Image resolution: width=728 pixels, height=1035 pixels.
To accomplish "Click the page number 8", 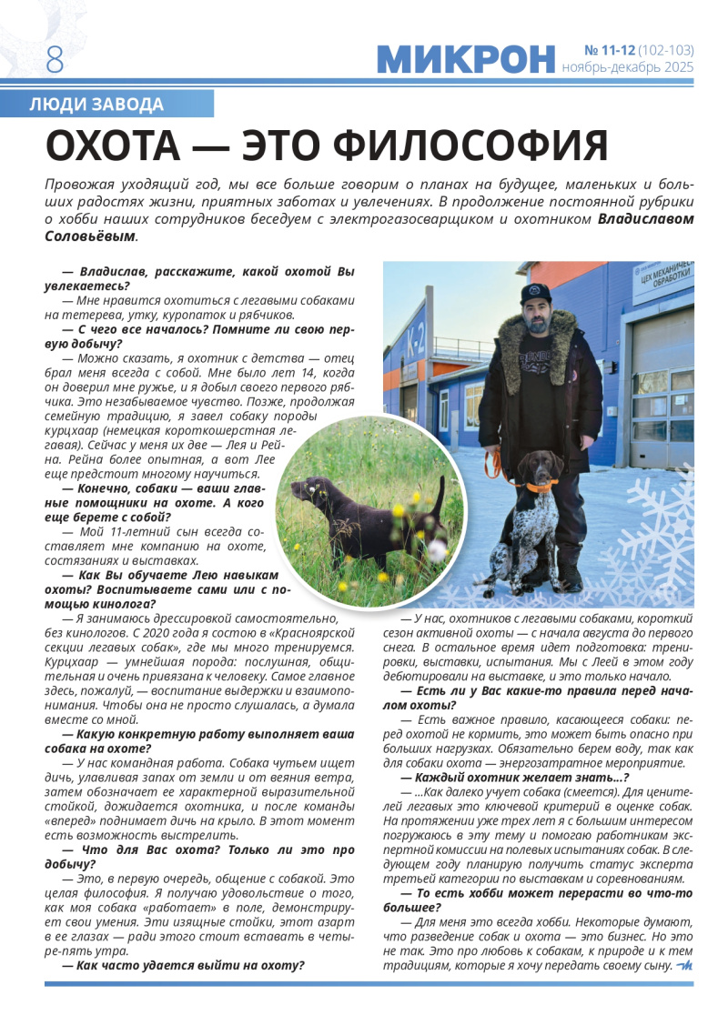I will click(x=55, y=59).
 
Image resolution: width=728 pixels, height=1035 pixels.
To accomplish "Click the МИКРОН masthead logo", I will click(x=465, y=59).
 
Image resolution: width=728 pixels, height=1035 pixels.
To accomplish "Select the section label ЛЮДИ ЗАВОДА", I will click(x=96, y=105).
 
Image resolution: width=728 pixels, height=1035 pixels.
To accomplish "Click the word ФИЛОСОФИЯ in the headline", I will click(x=470, y=146).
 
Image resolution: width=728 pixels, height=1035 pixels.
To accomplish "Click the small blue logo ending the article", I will click(x=684, y=966).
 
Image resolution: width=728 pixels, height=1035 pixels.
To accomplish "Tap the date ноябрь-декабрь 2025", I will click(x=627, y=67).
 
